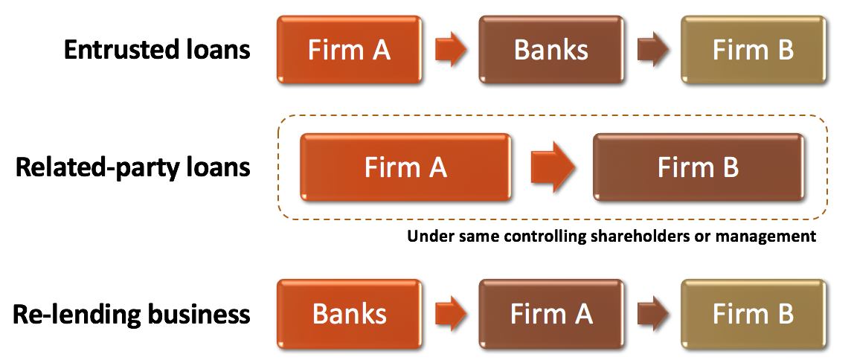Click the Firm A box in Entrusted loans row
349,50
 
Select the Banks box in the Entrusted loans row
551,50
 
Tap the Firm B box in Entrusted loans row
754,50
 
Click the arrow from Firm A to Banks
450,50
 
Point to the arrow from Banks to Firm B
652,50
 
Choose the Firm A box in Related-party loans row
405,167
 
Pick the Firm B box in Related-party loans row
699,167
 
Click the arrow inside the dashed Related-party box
552,167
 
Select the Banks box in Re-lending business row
349,313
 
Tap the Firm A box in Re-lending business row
551,313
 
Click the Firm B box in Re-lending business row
754,313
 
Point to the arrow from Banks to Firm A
450,313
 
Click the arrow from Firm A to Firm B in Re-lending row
652,313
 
